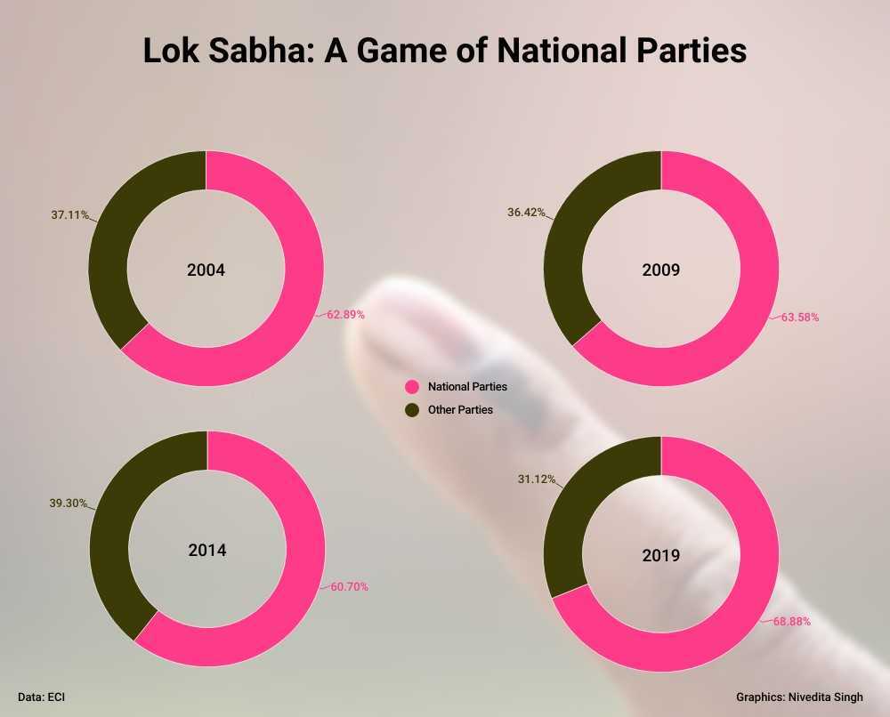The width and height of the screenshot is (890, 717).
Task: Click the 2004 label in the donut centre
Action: [206, 270]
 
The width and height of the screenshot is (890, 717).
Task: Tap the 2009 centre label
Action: [660, 270]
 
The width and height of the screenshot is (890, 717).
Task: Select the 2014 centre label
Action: [207, 550]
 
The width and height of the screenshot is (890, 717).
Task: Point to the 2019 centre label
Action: [661, 555]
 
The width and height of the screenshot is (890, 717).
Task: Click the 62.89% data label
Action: [345, 314]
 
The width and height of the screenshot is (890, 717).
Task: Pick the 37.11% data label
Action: [69, 214]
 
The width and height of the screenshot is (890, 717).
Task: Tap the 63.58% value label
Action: [800, 316]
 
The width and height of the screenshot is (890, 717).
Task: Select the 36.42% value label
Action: [526, 213]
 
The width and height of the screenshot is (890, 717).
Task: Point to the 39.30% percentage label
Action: [68, 503]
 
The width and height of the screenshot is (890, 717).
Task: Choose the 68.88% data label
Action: [791, 621]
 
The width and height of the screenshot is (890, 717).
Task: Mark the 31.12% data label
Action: [537, 479]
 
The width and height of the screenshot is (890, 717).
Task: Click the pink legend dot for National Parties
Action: [412, 387]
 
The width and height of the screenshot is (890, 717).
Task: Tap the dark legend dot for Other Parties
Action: [412, 409]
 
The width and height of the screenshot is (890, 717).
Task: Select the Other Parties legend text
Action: [460, 409]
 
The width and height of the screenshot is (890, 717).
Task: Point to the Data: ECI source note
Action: [42, 697]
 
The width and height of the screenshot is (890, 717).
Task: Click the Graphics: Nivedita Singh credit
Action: [799, 697]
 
